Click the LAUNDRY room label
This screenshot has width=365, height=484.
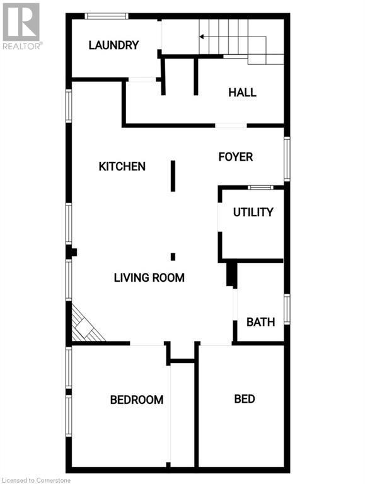coord(113,45)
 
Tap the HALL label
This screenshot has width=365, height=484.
coord(242,93)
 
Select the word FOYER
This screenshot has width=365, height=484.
coord(236,156)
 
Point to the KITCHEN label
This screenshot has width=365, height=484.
coord(122,166)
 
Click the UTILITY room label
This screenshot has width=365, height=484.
coord(253,212)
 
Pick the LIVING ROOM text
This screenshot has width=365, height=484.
coord(149,277)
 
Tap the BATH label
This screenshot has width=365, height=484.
coord(260,322)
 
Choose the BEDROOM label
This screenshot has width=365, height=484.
coord(137,400)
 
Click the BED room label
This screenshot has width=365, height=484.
coord(244,399)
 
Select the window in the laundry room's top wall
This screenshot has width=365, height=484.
coord(107,16)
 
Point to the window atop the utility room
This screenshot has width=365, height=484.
coord(260,187)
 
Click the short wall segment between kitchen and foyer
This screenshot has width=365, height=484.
coord(172,176)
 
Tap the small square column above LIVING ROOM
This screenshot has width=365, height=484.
coord(172,256)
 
